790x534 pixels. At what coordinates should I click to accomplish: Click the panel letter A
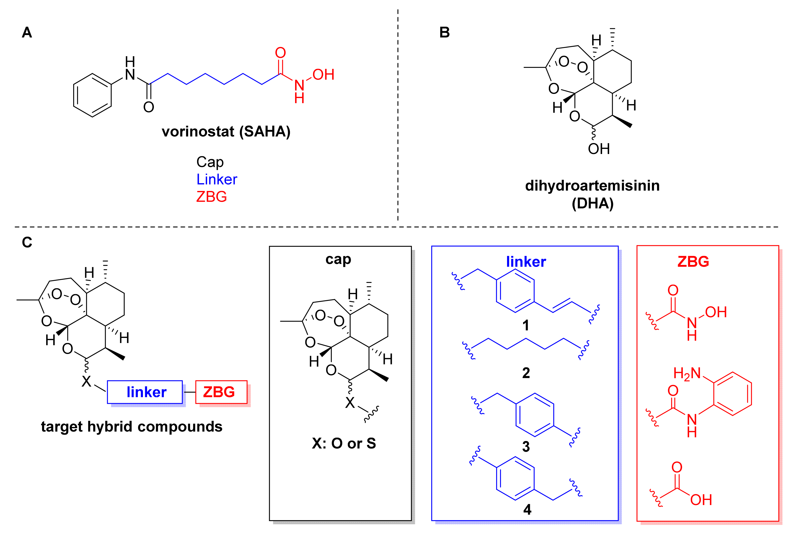coord(27,33)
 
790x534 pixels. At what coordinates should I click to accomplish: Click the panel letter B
coord(445,33)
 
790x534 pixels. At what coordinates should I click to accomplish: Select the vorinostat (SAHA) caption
coord(226,132)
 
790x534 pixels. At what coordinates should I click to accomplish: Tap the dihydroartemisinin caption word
coord(592,186)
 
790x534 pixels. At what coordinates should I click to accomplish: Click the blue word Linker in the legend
coord(217,179)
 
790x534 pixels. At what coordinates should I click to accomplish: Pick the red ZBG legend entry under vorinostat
coord(211,197)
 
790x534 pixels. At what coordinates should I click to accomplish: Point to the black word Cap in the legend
coord(210,162)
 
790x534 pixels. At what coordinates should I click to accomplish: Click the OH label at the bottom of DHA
coord(599,149)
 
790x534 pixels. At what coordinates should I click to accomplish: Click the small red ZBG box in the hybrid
coord(221,392)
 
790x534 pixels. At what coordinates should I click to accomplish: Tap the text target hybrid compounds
coord(132,426)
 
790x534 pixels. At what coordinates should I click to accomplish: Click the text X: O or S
coord(344,443)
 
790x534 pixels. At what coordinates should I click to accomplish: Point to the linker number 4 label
coord(527,509)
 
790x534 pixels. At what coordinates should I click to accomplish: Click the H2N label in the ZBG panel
coord(687,373)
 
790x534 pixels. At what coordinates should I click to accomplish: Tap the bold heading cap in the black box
coord(338,259)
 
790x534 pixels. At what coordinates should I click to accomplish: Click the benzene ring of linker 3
coord(535,415)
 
